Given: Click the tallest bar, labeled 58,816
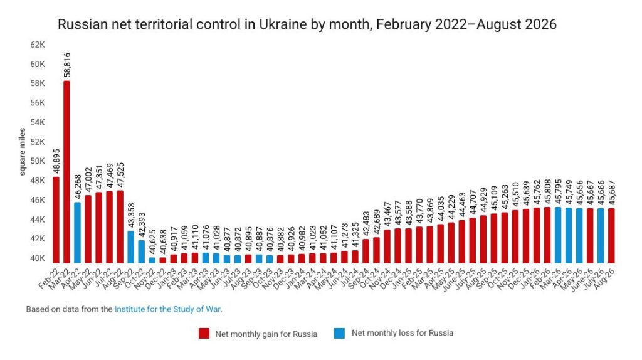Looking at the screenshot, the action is [x=66, y=172].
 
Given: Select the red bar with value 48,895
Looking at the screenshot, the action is [x=56, y=220].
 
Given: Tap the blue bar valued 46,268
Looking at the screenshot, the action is [x=77, y=233].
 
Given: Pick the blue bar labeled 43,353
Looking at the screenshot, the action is [x=130, y=247].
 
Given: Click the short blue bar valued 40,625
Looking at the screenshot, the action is [x=152, y=260].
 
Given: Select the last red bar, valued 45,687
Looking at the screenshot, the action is [x=611, y=235].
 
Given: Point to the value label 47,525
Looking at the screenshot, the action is [x=120, y=176].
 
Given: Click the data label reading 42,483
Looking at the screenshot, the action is [x=366, y=224].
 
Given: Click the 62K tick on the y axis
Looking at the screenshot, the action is [x=37, y=45].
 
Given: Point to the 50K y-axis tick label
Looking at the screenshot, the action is [x=37, y=161].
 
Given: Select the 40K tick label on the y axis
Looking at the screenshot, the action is [x=37, y=258].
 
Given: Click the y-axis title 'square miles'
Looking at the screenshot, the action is [x=22, y=152].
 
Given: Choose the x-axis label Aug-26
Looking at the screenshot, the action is [x=604, y=278].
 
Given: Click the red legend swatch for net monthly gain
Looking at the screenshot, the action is [x=204, y=334].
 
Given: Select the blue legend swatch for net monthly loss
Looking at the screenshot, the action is [x=339, y=333].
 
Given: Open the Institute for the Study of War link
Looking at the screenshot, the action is [x=168, y=309].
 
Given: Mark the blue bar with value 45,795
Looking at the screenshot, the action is [x=557, y=235].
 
